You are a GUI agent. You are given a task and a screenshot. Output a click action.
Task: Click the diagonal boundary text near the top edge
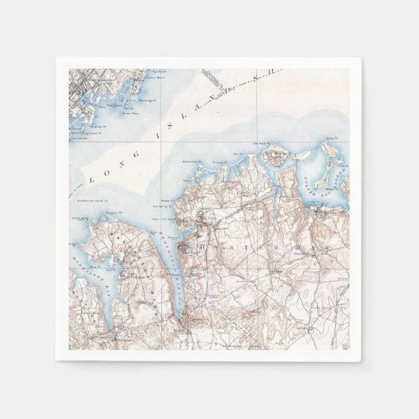coord(213,79)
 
